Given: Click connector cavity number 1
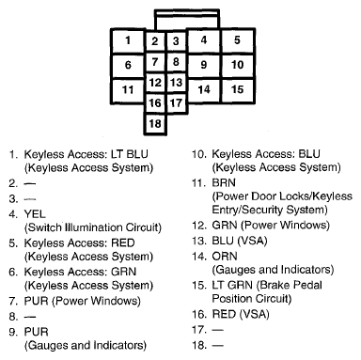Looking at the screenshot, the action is pyautogui.click(x=128, y=40).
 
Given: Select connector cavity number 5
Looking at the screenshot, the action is pyautogui.click(x=238, y=40).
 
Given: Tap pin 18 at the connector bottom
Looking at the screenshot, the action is pyautogui.click(x=155, y=124).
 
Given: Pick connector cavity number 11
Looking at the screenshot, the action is pyautogui.click(x=128, y=91).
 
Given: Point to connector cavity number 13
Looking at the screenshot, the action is pyautogui.click(x=177, y=83).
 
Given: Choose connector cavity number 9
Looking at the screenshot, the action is pyautogui.click(x=204, y=65).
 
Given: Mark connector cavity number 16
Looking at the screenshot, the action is pyautogui.click(x=155, y=103).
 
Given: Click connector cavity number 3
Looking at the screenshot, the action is pyautogui.click(x=177, y=41).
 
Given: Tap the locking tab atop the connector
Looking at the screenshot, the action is pyautogui.click(x=187, y=20).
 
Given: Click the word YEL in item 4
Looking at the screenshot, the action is pyautogui.click(x=35, y=214).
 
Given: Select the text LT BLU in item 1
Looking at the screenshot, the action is pyautogui.click(x=129, y=154).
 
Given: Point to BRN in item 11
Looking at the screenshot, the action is pyautogui.click(x=224, y=183).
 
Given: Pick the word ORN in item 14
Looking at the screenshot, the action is pyautogui.click(x=225, y=257).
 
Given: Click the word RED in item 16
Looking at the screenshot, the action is pyautogui.click(x=224, y=314).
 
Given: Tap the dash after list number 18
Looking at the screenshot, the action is pyautogui.click(x=218, y=345).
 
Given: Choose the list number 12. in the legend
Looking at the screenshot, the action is pyautogui.click(x=199, y=226).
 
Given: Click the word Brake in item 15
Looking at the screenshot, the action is pyautogui.click(x=275, y=286).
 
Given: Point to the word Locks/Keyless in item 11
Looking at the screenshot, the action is pyautogui.click(x=315, y=196).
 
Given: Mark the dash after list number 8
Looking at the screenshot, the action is pyautogui.click(x=30, y=317).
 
